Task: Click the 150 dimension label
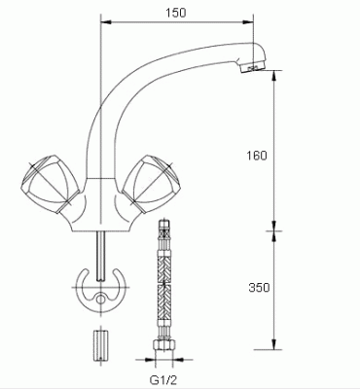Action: tap(176, 13)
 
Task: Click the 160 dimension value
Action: tap(257, 156)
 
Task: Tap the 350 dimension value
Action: tap(259, 288)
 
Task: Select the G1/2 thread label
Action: tap(163, 379)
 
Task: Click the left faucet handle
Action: tap(50, 184)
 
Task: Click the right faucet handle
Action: tap(151, 184)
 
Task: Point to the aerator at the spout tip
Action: tap(254, 68)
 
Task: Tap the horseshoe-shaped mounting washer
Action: tap(101, 290)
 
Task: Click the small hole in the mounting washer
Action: tap(101, 300)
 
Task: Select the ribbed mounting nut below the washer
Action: tap(101, 346)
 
